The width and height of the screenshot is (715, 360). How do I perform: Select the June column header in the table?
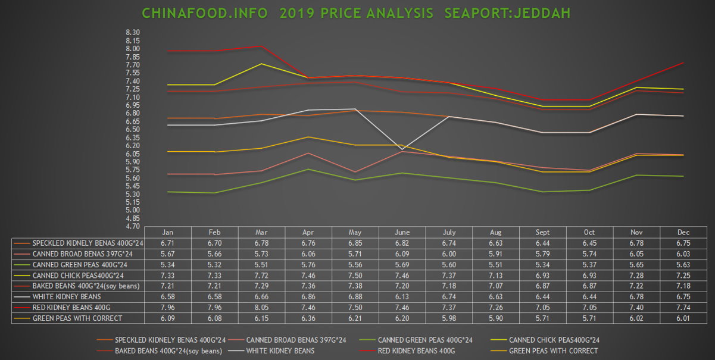402,232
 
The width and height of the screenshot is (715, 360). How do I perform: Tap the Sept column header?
542,232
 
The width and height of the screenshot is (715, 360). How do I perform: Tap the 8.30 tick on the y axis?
133,33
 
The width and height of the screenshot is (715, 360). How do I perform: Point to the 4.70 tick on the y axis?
133,226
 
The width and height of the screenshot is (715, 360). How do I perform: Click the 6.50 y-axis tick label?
133,129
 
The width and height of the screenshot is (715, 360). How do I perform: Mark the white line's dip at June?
402,149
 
